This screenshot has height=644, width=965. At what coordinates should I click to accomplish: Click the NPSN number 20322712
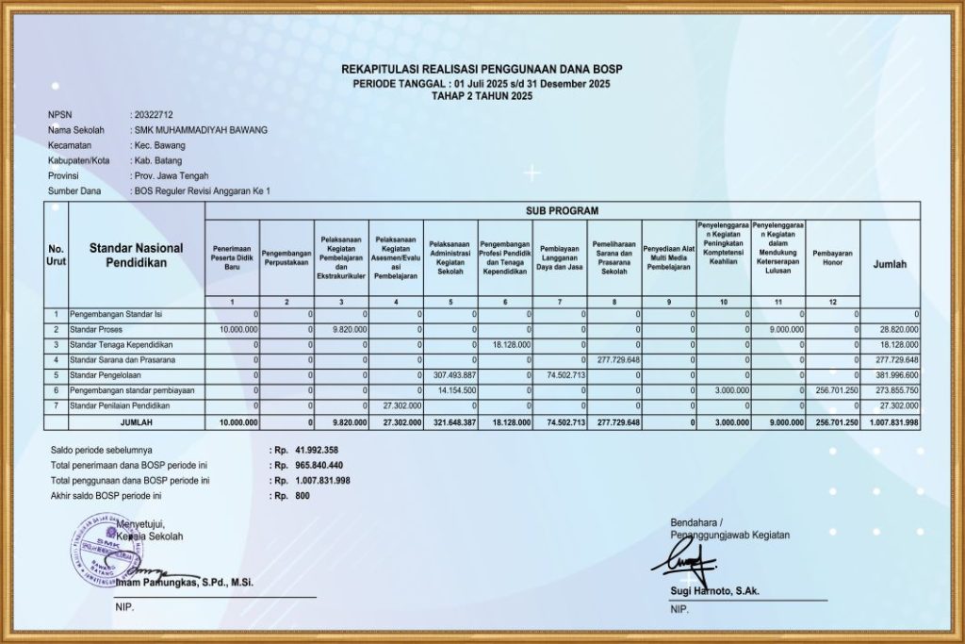coord(155,115)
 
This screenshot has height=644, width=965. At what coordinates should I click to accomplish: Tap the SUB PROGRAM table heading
coord(562,210)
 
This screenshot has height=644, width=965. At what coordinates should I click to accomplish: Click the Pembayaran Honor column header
coord(833,258)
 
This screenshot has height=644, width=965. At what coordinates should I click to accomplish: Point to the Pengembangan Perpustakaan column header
coord(286,258)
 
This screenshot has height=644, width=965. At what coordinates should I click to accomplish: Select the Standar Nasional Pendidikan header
coord(134,255)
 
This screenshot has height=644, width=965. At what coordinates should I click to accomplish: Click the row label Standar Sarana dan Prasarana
coord(123,359)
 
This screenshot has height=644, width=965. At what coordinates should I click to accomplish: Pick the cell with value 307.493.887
coord(451,374)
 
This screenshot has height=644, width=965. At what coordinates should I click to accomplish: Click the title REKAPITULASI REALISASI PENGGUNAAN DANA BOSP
coord(482,70)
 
